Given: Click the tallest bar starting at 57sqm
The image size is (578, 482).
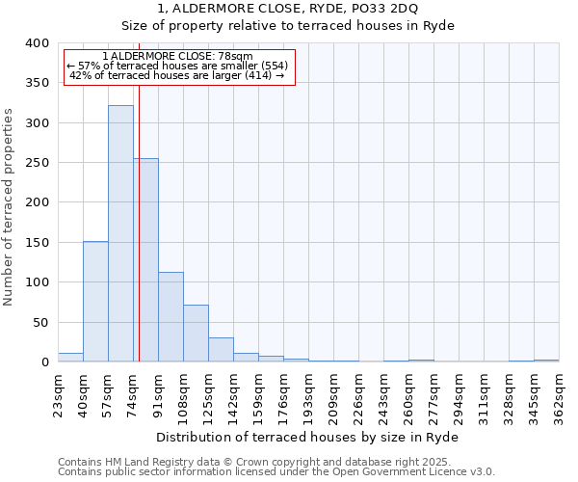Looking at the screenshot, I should [120, 234].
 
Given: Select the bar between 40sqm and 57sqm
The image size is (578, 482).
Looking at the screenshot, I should [95, 302].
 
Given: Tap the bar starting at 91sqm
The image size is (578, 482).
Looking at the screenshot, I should [171, 317].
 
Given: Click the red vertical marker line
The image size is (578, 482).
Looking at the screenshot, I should [139, 212].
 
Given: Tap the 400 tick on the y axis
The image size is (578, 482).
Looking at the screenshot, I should [37, 43].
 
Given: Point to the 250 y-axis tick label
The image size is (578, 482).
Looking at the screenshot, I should [37, 163].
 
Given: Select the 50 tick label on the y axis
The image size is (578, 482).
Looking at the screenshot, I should [40, 323].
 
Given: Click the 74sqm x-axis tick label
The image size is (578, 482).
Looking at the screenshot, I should [134, 393].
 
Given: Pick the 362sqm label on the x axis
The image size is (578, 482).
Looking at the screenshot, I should [559, 393].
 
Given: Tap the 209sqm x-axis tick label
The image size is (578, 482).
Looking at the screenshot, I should [334, 393].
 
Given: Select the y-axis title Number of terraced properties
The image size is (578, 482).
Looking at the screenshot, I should [9, 206].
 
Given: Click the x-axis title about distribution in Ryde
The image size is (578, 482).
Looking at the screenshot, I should [307, 437].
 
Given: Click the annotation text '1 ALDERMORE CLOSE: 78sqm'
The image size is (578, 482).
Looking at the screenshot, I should [177, 57].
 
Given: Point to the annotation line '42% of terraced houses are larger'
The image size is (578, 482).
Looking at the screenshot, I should [177, 75].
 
